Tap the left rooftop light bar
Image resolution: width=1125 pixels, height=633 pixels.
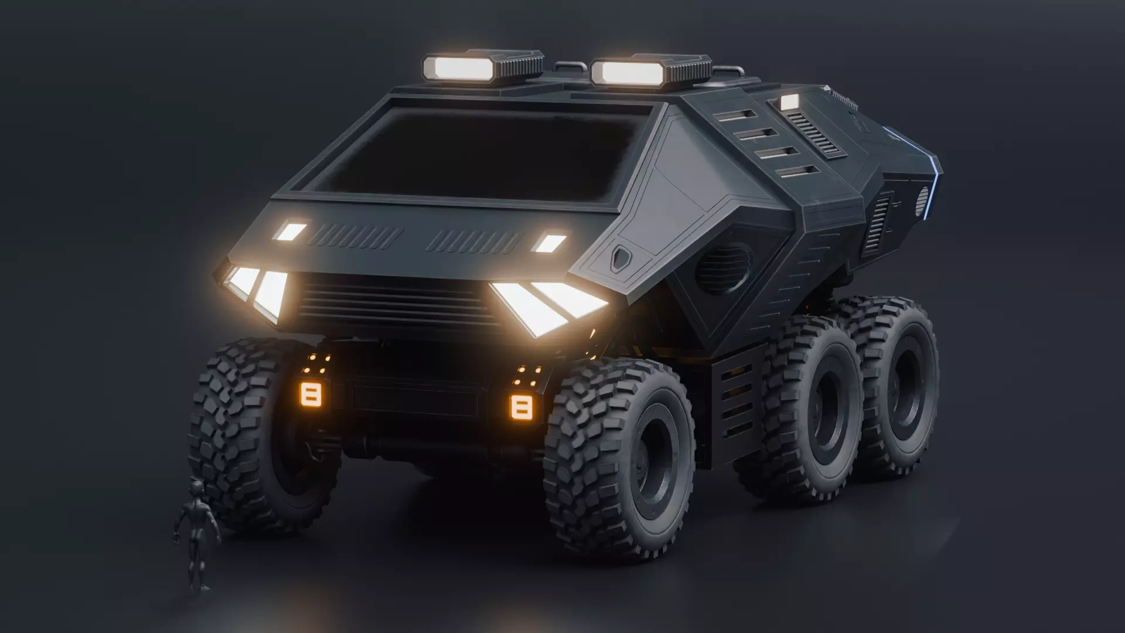coord(463,68)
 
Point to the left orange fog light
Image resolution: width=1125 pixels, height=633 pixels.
coord(311,394)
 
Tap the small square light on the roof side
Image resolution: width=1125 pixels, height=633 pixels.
coord(790,102)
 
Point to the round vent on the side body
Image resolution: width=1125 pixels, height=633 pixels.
coord(723,269)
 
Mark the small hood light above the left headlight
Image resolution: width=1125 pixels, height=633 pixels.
coord(291,232)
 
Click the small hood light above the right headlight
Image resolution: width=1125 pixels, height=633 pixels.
coord(550,243)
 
